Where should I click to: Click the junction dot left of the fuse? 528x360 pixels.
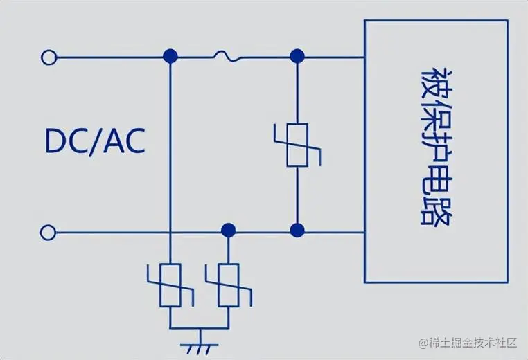tap(169, 55)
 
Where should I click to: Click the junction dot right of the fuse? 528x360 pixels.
tap(297, 55)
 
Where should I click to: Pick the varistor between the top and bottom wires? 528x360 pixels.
tap(297, 145)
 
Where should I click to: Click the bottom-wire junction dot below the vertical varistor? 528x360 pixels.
tap(297, 230)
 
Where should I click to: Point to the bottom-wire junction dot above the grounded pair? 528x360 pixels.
tap(227, 230)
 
